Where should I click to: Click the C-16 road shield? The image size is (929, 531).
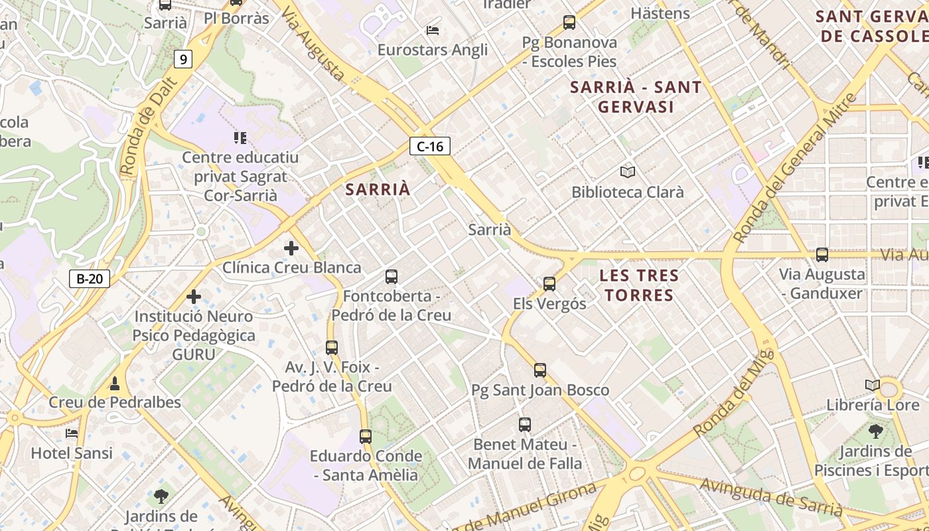(x=430, y=146)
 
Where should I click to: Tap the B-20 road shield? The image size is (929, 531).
(x=90, y=279)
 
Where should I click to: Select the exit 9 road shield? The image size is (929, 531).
(x=183, y=60)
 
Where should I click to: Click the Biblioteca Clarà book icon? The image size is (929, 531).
(x=628, y=172)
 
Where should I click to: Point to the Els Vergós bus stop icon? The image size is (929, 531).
(x=549, y=284)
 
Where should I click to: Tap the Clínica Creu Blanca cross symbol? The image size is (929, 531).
(x=291, y=248)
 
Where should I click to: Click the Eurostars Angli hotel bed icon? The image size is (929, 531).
(x=433, y=30)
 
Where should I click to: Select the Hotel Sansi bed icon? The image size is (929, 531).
(x=72, y=433)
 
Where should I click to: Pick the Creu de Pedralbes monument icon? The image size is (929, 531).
(x=115, y=383)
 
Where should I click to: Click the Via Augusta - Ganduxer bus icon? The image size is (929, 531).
(x=822, y=255)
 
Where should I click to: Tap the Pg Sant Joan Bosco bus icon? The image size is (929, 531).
(x=540, y=370)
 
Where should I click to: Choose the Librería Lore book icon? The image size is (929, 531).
(x=873, y=385)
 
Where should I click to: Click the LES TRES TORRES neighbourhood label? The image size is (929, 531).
(x=639, y=285)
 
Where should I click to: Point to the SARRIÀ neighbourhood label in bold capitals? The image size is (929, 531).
(x=378, y=189)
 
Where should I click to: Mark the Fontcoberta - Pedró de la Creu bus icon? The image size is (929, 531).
(x=392, y=277)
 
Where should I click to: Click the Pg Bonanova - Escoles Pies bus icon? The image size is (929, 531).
(x=569, y=23)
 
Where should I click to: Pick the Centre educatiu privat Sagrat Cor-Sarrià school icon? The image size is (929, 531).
(x=240, y=138)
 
